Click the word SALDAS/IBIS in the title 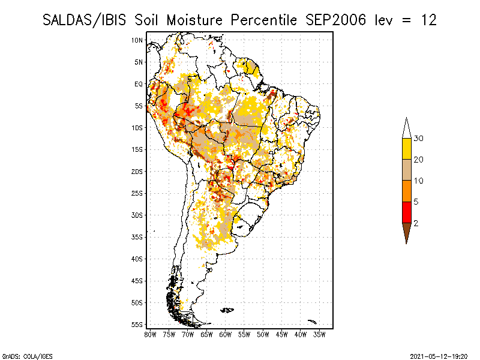(84, 20)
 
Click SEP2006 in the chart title (335, 20)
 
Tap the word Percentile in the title (263, 20)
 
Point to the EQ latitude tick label (139, 84)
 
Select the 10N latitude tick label (137, 40)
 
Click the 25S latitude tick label (137, 193)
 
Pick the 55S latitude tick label (137, 325)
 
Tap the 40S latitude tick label (137, 259)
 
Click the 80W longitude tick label (150, 335)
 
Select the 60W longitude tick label (226, 335)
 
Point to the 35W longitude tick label (319, 335)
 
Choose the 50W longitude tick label (263, 335)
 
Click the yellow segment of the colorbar (407, 149)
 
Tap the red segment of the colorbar (407, 212)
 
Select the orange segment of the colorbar (407, 191)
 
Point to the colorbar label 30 (418, 139)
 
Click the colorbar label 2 (416, 223)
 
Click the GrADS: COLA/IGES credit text (28, 356)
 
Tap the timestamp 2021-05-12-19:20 (439, 356)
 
